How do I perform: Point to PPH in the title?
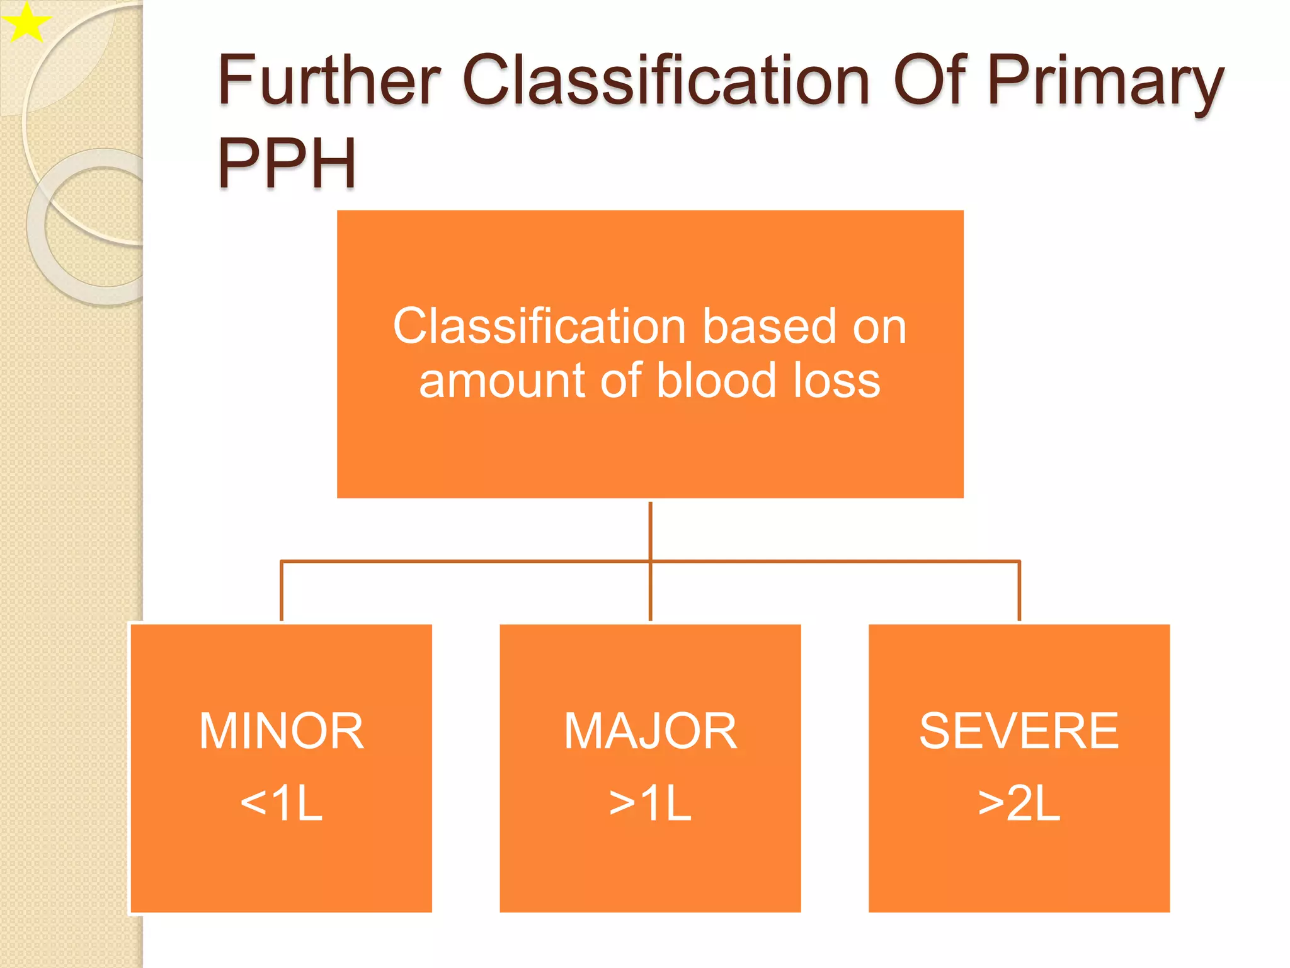click(287, 163)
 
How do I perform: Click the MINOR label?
click(282, 731)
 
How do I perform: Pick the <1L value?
click(282, 804)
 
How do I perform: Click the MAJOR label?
click(650, 731)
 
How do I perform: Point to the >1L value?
click(650, 804)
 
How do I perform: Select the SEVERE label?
click(1019, 731)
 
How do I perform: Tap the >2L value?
click(1019, 804)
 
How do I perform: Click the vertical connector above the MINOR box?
click(282, 591)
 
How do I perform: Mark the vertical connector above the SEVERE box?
click(1019, 591)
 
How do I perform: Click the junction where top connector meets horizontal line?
click(650, 560)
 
